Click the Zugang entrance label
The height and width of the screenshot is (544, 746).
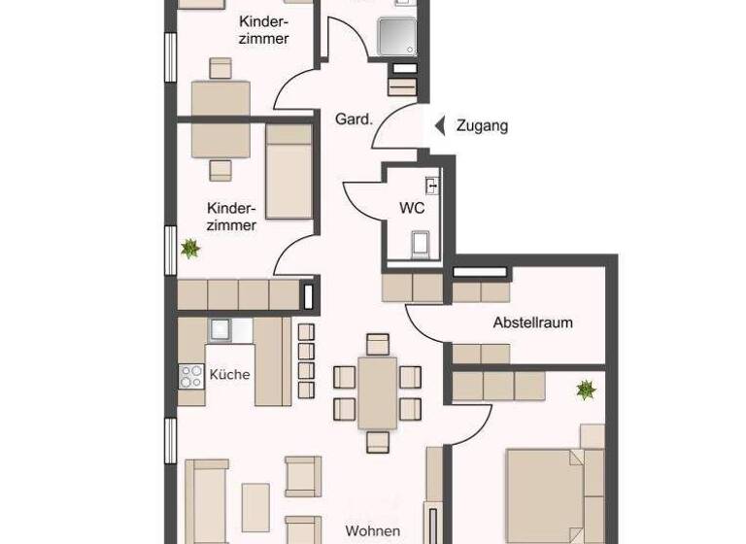[482, 125]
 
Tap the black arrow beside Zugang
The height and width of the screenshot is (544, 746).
[439, 125]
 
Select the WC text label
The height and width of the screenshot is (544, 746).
[412, 208]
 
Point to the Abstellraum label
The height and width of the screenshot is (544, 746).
[532, 323]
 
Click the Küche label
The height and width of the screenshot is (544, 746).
[229, 374]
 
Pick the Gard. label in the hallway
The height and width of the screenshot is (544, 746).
[354, 120]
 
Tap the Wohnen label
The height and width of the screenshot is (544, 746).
[372, 531]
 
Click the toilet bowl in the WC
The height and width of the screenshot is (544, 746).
[421, 243]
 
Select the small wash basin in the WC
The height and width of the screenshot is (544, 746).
[432, 185]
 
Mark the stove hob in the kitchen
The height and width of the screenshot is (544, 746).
[189, 376]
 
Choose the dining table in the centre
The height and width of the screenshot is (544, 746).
[377, 391]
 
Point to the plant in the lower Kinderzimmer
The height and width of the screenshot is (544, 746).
[189, 249]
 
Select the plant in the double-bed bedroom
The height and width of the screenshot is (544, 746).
[586, 391]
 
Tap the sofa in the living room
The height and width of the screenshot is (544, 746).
[206, 500]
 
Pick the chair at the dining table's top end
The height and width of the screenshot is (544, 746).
[377, 344]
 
